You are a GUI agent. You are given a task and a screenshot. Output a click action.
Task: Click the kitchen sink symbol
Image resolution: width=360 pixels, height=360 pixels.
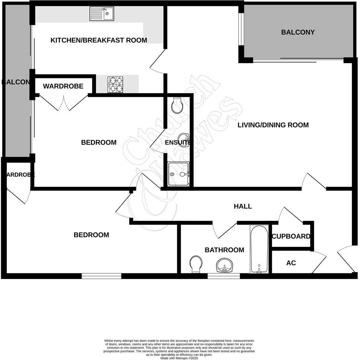pos(102,14)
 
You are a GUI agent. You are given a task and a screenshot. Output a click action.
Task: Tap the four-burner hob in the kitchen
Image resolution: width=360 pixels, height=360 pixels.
pos(115,84)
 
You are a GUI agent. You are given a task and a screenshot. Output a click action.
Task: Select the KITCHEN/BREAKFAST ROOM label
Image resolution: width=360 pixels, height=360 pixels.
pos(99,40)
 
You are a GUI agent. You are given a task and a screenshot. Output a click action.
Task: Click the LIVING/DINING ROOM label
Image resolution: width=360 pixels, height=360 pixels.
pos(273,125)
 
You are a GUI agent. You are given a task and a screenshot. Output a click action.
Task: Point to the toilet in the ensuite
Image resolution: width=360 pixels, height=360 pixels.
pos(177,105)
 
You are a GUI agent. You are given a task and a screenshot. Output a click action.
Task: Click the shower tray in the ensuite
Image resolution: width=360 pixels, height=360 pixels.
pos(179,174)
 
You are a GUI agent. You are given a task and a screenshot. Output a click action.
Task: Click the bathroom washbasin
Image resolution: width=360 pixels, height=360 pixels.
pos(224,266)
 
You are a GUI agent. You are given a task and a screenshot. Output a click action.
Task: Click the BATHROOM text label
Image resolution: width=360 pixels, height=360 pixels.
pos(224,250)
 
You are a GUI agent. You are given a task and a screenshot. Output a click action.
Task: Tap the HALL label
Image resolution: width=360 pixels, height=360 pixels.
pos(243,206)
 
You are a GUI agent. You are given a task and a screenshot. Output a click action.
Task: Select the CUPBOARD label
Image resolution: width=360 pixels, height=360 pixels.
pos(291,237)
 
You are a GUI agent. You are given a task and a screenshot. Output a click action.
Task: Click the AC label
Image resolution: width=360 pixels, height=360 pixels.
pos(291,263)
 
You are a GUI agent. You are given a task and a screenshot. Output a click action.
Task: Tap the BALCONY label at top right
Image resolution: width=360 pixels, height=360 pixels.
pos(298,32)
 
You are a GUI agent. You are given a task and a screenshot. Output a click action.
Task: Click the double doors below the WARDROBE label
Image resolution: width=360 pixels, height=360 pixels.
pos(64,103)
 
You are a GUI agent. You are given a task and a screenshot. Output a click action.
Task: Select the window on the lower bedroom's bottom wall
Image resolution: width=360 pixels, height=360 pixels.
pos(102,276)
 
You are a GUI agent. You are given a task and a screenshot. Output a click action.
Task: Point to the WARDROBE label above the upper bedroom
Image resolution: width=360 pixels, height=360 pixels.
pos(63,86)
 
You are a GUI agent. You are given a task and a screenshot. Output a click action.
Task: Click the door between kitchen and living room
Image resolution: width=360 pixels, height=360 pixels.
pos(157,61)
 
